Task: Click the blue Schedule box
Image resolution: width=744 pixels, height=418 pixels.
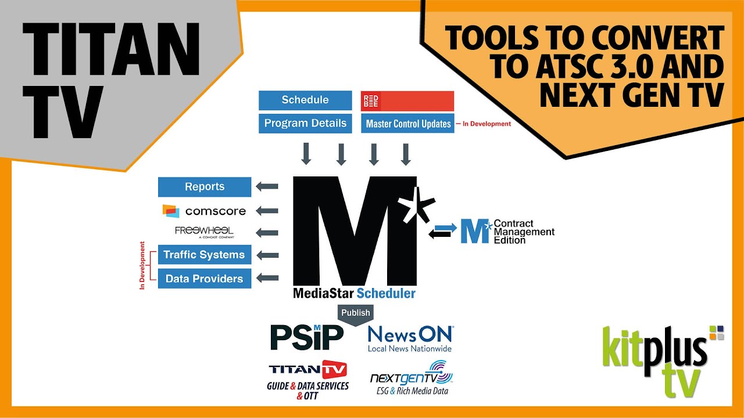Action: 305,100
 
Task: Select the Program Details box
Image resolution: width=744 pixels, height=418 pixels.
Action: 305,123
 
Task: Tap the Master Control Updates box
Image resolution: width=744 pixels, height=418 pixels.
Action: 407,124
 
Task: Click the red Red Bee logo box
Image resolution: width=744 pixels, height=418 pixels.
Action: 407,100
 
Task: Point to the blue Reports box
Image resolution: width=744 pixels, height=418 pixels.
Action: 205,187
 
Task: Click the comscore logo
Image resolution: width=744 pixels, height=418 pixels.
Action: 205,211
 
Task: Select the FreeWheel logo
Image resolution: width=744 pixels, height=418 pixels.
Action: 205,232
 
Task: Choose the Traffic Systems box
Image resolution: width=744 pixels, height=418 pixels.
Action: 205,255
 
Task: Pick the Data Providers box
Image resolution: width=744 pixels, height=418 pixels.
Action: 205,279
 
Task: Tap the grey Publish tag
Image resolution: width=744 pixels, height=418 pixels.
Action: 356,313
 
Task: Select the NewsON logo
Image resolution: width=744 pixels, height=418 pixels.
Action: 410,338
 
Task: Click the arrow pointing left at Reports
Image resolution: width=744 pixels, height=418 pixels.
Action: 267,187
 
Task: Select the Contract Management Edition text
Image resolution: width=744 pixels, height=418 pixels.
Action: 523,232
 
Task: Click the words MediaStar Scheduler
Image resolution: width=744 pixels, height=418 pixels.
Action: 354,293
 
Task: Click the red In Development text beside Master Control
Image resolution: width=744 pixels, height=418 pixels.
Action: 487,124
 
